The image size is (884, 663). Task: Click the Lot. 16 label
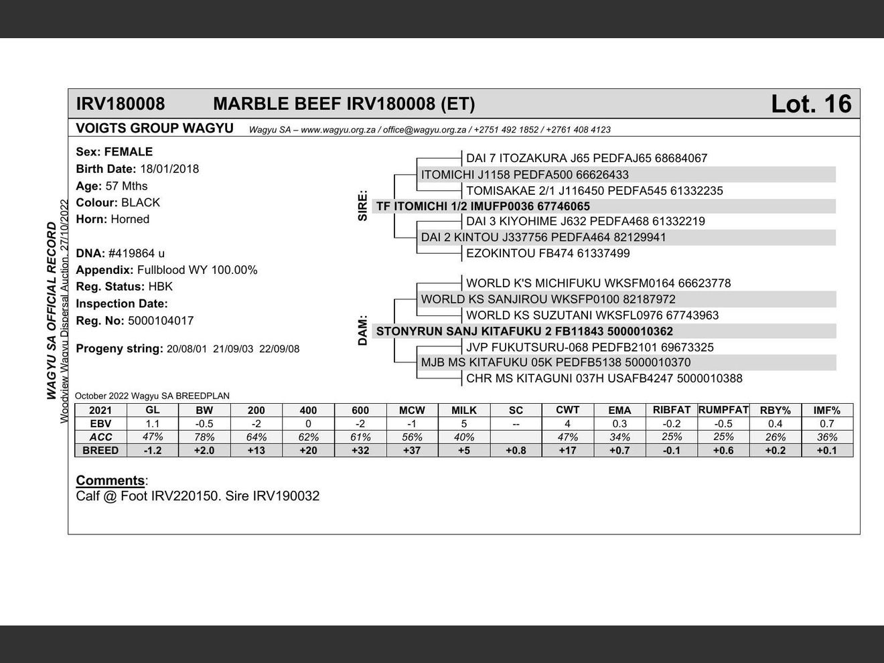pos(810,104)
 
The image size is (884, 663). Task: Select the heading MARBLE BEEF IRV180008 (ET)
pos(344,104)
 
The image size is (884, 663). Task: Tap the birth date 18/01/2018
pos(169,169)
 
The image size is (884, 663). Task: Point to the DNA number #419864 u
pos(136,253)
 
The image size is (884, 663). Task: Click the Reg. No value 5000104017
pos(161,321)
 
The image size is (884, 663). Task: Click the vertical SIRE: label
pos(363,206)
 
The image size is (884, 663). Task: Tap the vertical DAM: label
pos(363,331)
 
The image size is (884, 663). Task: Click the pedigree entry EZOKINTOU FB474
pos(548,253)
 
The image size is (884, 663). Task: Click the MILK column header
pos(463,410)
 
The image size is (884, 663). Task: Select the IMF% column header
pos(826,410)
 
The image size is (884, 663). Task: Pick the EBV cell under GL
pos(153,423)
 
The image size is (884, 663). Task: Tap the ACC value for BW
pos(204,437)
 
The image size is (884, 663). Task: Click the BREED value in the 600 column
pos(360,450)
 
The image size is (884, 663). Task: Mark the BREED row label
pos(100,450)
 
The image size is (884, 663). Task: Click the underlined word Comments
pos(110,480)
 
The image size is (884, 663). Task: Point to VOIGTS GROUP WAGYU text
pos(154,129)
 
